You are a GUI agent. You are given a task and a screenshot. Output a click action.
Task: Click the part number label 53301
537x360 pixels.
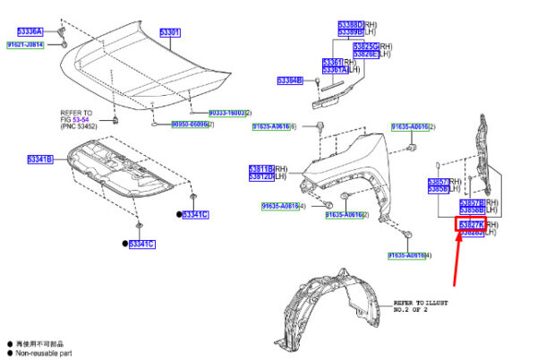(170, 33)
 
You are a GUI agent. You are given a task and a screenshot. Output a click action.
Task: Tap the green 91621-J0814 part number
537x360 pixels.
(26, 44)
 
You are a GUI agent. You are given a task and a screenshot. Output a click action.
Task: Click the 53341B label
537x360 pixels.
(39, 159)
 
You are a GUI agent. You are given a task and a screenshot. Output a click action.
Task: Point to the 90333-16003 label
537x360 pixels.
(226, 113)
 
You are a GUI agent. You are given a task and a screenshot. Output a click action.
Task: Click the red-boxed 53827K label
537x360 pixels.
(471, 224)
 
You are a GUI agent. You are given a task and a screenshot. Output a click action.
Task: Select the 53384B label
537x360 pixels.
(290, 81)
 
